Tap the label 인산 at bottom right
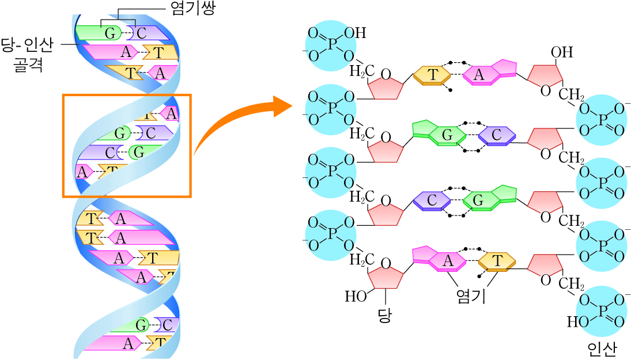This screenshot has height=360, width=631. click(602, 348)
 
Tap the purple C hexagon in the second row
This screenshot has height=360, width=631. click(496, 135)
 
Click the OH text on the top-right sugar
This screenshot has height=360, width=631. click(561, 52)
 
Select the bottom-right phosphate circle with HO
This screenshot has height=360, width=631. click(600, 311)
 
